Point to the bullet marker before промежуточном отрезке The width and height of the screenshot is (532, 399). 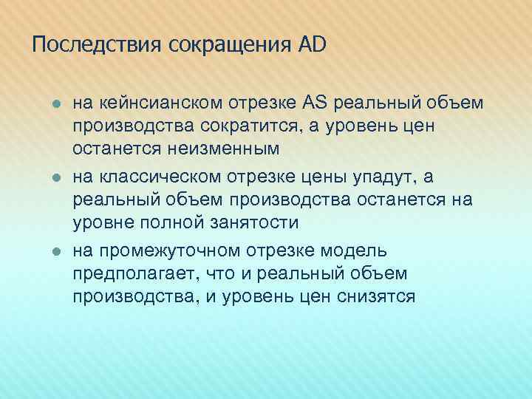point(55,251)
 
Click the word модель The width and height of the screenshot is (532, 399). point(354,250)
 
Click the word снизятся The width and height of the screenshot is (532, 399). point(379,298)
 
